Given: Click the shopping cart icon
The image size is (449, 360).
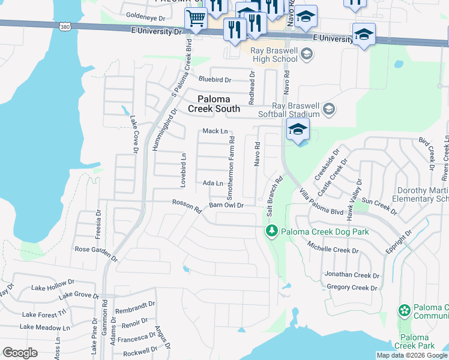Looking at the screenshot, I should pyautogui.click(x=196, y=19).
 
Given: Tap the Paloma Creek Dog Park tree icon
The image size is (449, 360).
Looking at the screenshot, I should pyautogui.click(x=271, y=231).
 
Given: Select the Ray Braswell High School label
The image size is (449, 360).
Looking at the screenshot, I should pyautogui.click(x=273, y=55).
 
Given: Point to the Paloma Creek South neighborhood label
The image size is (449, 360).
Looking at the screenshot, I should pyautogui.click(x=214, y=104).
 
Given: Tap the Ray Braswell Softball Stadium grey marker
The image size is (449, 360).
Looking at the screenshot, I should pyautogui.click(x=328, y=109).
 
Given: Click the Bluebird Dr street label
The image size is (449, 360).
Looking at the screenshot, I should pyautogui.click(x=214, y=79).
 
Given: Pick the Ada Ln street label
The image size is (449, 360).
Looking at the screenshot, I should pyautogui.click(x=213, y=183).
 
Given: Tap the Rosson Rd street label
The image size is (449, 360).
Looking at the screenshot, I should pyautogui.click(x=187, y=206).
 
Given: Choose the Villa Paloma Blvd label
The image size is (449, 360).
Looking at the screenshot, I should pyautogui.click(x=321, y=202).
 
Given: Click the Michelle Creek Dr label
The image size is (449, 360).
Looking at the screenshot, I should pyautogui.click(x=332, y=247).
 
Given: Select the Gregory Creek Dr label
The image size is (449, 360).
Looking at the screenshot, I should pyautogui.click(x=352, y=287).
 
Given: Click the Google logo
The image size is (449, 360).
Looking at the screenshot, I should pyautogui.click(x=20, y=353).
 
